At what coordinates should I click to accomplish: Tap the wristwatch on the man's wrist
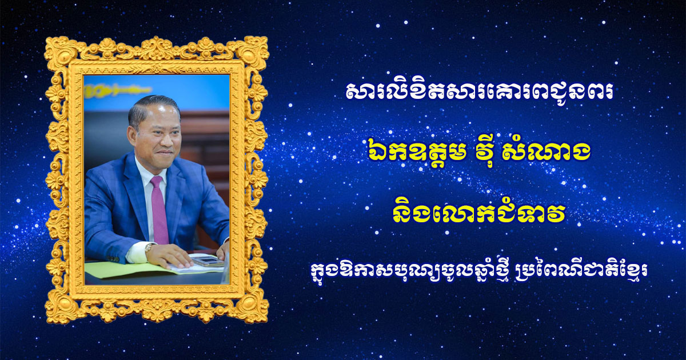[149, 247]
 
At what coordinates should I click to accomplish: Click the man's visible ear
[131, 136]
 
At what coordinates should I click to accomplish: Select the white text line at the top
[480, 93]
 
